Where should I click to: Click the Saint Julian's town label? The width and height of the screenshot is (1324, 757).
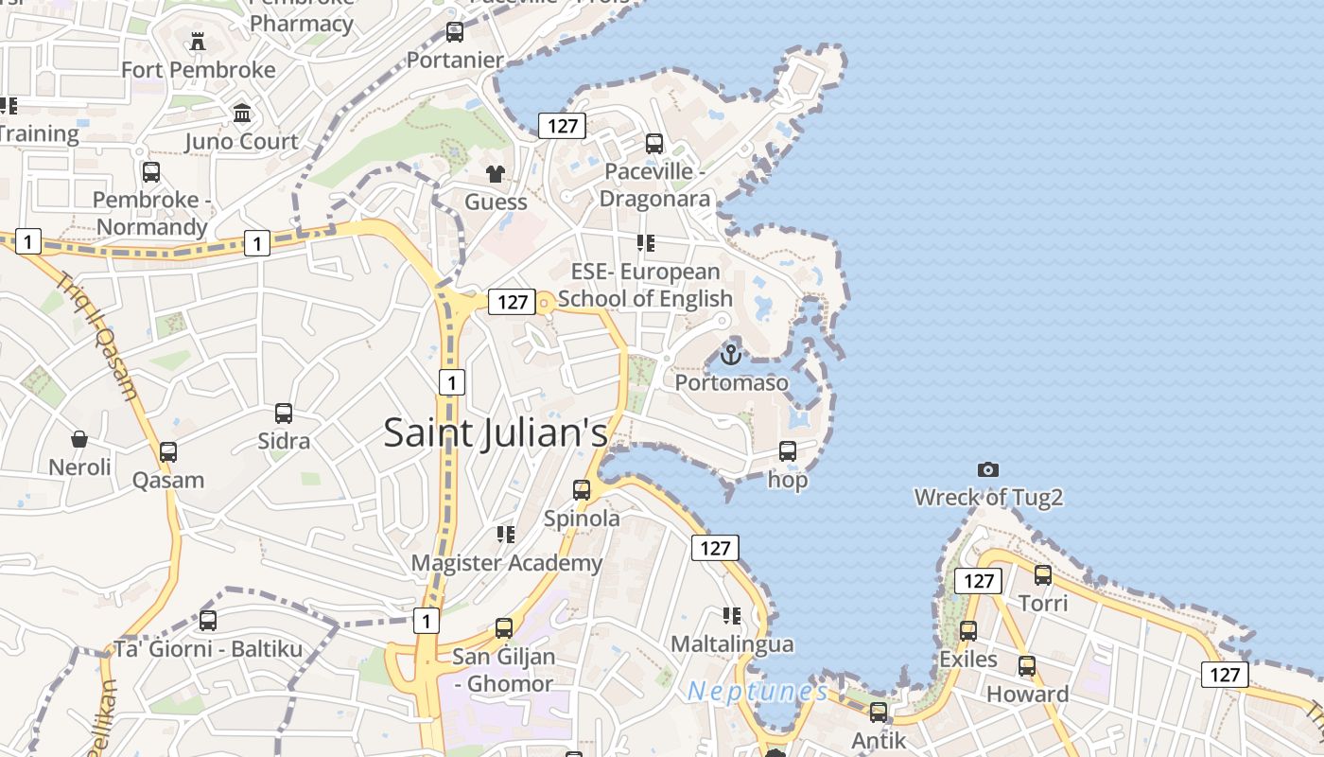click(x=495, y=433)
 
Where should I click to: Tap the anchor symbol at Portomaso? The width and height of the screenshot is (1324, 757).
click(x=730, y=355)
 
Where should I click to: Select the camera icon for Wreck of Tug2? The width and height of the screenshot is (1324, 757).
click(x=988, y=469)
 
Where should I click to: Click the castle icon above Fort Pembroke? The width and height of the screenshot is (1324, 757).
click(x=198, y=42)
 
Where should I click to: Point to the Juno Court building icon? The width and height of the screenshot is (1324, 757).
click(x=242, y=114)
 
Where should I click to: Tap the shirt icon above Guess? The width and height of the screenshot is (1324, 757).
click(x=496, y=174)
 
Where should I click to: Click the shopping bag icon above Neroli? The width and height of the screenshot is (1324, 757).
click(x=79, y=439)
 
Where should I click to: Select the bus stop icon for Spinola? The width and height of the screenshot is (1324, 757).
click(x=582, y=490)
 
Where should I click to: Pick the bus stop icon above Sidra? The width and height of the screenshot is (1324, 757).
click(x=284, y=414)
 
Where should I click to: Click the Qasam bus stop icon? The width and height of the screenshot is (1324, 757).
click(x=168, y=452)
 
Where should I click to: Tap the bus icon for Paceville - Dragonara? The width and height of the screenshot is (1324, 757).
click(x=653, y=144)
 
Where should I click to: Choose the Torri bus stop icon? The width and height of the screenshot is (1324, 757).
click(x=1043, y=575)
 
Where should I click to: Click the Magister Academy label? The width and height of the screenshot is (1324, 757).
click(x=506, y=563)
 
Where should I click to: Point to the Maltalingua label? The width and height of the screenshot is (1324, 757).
click(x=732, y=644)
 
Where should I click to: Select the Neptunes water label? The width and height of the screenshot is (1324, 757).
click(x=757, y=692)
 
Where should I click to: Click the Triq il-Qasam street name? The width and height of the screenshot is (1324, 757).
click(x=100, y=336)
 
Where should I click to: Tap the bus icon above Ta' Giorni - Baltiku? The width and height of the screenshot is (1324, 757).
click(x=208, y=621)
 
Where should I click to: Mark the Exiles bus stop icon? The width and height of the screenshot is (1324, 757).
click(x=968, y=631)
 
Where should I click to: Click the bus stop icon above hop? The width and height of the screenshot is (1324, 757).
click(x=788, y=451)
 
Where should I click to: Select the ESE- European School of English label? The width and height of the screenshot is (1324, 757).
click(x=646, y=286)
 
